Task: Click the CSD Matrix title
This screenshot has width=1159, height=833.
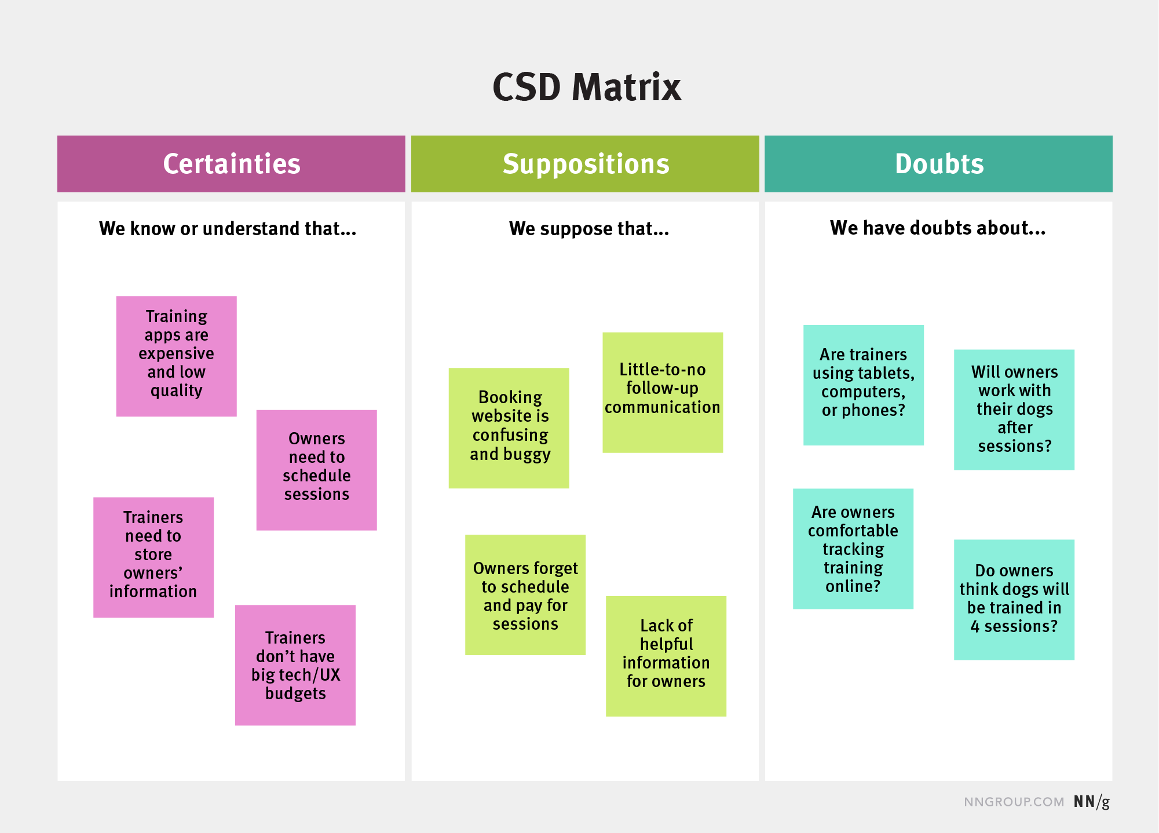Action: [x=587, y=88]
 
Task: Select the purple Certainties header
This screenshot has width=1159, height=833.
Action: [x=231, y=164]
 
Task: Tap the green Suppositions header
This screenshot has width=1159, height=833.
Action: [x=585, y=164]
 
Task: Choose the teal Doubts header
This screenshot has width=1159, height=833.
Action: [x=938, y=164]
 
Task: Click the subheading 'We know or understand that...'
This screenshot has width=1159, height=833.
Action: [x=228, y=229]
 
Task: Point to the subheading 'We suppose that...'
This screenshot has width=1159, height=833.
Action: [x=588, y=229]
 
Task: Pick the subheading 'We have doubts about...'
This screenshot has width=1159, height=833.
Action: [x=937, y=228]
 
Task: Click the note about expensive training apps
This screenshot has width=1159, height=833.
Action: [x=177, y=356]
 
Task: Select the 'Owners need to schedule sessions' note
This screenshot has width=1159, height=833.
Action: [x=317, y=470]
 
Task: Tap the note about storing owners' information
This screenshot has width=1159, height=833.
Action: [x=153, y=557]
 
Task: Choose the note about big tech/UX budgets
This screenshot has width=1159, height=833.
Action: [x=295, y=665]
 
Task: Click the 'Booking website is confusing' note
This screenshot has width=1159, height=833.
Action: [x=509, y=428]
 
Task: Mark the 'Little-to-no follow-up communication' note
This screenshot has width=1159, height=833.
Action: [x=663, y=392]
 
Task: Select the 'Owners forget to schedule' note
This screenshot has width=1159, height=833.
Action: [x=525, y=595]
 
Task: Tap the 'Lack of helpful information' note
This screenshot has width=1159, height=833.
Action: [x=666, y=656]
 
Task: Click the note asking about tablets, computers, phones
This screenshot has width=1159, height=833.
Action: [x=864, y=385]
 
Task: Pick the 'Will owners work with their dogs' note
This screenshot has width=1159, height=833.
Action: [x=1014, y=410]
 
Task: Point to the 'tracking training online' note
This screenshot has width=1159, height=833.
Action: [x=853, y=549]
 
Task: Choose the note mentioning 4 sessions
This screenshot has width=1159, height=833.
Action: [x=1014, y=600]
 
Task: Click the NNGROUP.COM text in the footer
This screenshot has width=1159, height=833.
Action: [x=1014, y=802]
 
